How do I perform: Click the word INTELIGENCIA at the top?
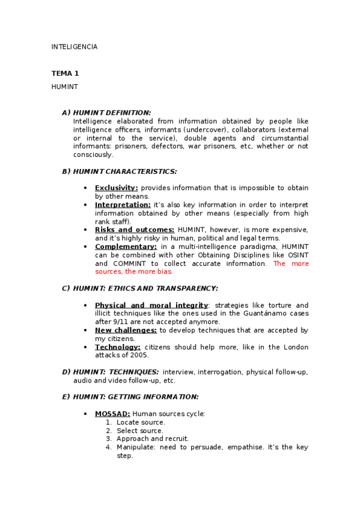[x=74, y=47]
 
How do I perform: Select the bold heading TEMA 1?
[x=65, y=73]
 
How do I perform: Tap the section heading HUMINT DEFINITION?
[x=112, y=112]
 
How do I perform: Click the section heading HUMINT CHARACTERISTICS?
[x=124, y=171]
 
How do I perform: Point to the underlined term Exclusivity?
[x=116, y=188]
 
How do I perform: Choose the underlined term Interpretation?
[x=123, y=205]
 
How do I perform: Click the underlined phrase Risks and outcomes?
[x=135, y=230]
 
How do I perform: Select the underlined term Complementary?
[x=126, y=247]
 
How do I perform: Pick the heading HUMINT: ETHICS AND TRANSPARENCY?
[x=145, y=289]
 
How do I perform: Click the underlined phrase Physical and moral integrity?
[x=151, y=306]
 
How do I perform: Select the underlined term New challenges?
[x=126, y=330]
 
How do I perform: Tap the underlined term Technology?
[x=117, y=347]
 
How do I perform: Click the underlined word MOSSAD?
[x=112, y=414]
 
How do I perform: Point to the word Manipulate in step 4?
[x=134, y=447]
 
